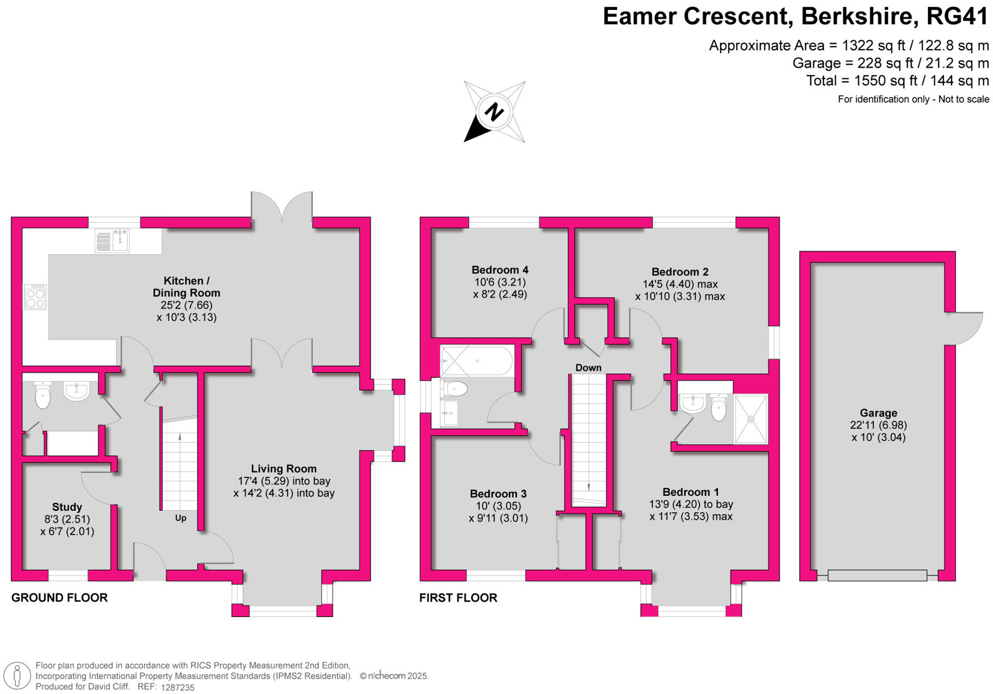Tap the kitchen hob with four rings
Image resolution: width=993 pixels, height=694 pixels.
coord(35,297)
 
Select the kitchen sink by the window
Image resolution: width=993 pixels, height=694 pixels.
coord(112,241)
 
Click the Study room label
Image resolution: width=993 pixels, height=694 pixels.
coord(67,507)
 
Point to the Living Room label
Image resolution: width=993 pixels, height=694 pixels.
coord(284,469)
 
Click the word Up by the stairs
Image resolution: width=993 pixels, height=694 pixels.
coord(181,518)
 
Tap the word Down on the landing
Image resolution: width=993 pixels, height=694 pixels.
coord(588,367)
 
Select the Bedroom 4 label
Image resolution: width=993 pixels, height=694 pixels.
coord(500,269)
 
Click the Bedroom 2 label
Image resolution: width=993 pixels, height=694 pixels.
coord(680,272)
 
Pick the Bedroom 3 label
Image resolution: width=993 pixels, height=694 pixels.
coord(498,493)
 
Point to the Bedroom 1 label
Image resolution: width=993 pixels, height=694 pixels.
coord(691,492)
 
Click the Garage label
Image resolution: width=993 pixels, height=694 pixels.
coord(878,413)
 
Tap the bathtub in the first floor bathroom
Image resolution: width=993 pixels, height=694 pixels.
coord(477,361)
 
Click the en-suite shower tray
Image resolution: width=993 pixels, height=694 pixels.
coord(751,418)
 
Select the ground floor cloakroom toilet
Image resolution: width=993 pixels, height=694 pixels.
coord(43,395)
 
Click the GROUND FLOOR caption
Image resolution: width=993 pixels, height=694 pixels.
coord(60,598)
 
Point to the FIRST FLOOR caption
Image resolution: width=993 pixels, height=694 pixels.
coord(458,598)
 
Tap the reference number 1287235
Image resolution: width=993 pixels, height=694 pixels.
coord(177,688)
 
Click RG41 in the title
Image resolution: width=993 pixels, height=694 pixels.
coord(957,17)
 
